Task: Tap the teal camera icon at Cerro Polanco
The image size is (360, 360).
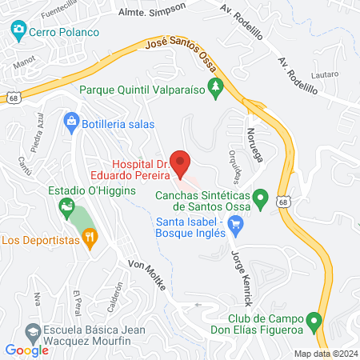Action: (18, 31)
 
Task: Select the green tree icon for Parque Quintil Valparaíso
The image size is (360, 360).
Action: (214, 89)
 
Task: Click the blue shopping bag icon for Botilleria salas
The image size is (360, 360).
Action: (71, 122)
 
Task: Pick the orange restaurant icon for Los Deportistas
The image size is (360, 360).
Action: (90, 237)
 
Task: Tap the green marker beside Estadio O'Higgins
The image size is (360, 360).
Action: (66, 210)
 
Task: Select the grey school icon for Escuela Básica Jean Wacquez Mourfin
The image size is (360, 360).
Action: (33, 331)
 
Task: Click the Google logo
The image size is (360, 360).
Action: (26, 350)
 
